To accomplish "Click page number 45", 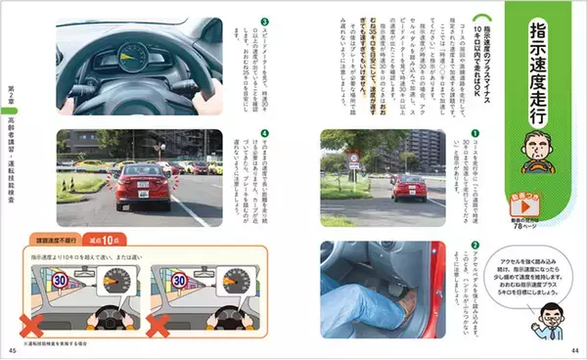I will pos(13,351).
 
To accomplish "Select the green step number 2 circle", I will pos(474,245).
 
